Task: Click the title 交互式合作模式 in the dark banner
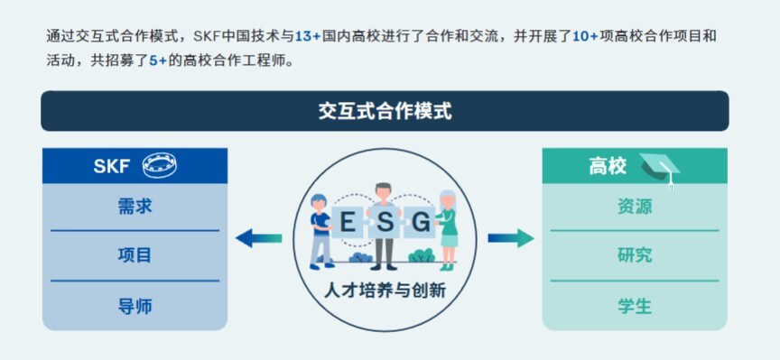[385, 111]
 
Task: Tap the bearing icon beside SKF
[160, 166]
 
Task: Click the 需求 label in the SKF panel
[135, 206]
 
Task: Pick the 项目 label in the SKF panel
[135, 255]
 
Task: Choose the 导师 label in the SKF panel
[135, 306]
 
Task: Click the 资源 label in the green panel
[635, 206]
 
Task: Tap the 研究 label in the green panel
[635, 255]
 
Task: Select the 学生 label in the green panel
[635, 306]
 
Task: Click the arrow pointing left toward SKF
[259, 238]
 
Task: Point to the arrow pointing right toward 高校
[511, 238]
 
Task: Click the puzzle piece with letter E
[348, 222]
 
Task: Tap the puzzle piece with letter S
[385, 222]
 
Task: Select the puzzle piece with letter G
[421, 222]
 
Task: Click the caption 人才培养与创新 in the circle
[385, 290]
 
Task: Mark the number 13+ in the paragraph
[308, 37]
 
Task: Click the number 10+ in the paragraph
[586, 37]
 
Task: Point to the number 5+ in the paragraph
[158, 62]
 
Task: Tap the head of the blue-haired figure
[319, 202]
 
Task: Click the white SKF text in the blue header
[111, 166]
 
